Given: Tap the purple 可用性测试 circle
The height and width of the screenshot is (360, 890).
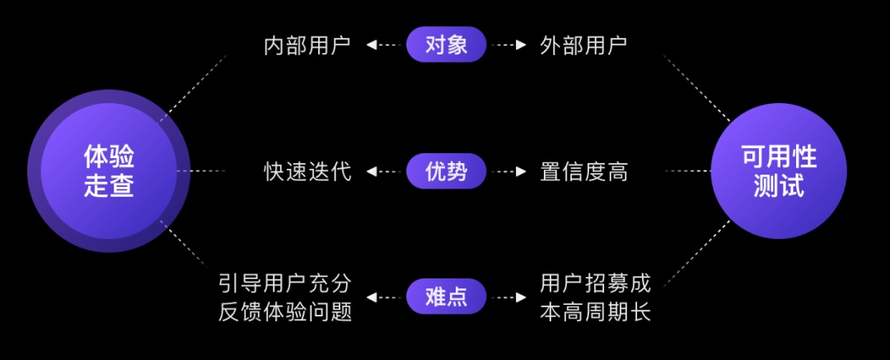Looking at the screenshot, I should click(778, 171).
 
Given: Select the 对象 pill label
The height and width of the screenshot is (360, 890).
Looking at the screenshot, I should click(446, 44).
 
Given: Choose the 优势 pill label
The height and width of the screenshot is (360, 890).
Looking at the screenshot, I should click(446, 171).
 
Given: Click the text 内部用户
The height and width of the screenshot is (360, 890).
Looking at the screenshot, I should click(307, 45).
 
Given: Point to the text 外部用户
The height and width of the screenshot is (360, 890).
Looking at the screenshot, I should click(583, 45).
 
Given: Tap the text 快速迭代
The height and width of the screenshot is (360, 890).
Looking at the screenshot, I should click(307, 171).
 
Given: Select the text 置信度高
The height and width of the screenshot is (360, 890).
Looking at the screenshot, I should click(583, 171).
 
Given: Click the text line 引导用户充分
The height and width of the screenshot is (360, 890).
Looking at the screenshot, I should click(285, 283).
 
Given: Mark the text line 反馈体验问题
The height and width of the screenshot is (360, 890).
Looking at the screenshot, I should click(285, 312).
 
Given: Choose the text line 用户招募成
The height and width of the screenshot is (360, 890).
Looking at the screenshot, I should click(595, 283).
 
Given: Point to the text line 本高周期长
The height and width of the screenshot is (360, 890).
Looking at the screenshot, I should click(595, 312).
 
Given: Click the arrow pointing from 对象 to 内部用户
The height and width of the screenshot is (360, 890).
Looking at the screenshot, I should click(382, 45).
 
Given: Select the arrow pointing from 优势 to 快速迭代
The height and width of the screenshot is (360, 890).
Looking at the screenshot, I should click(382, 171).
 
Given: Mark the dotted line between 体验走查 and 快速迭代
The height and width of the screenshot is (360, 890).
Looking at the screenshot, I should click(202, 171).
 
